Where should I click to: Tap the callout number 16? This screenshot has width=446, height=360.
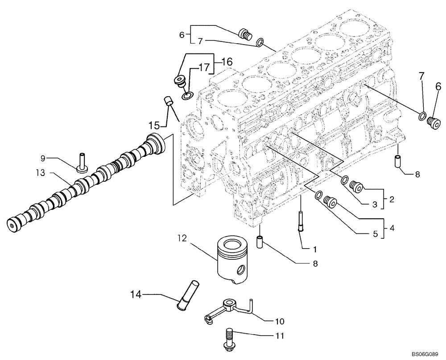point(227,61)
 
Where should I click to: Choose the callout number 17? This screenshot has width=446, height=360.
point(204,68)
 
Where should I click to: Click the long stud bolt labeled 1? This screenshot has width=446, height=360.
point(301,220)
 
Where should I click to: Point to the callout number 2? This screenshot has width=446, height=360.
point(391,199)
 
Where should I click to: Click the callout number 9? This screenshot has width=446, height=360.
point(43,158)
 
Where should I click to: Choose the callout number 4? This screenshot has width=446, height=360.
point(391,228)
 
